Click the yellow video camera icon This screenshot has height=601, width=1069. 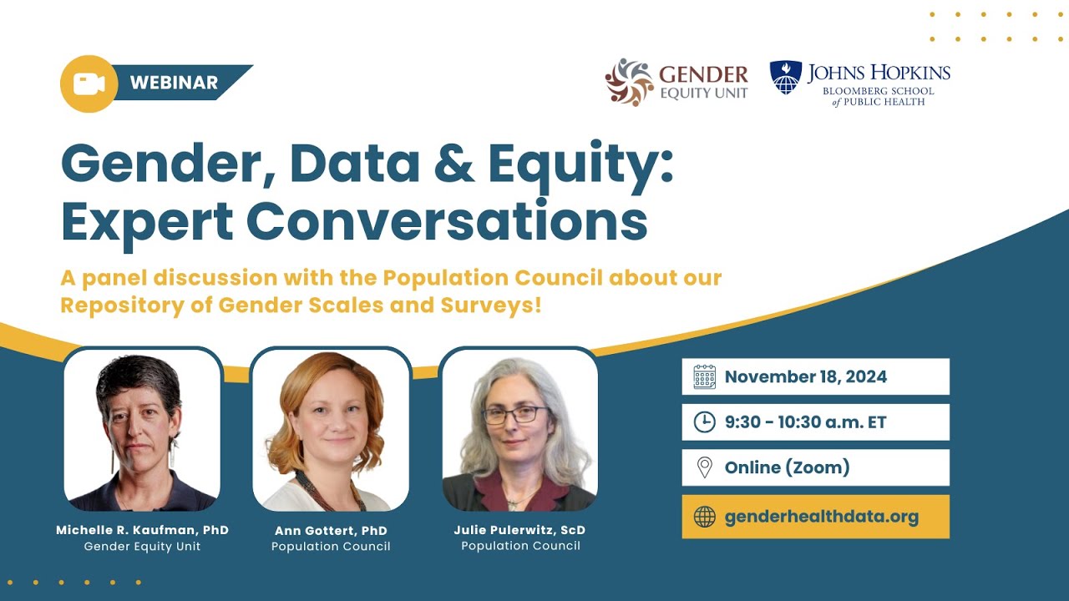(x=89, y=83)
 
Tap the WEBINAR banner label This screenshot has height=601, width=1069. (x=174, y=83)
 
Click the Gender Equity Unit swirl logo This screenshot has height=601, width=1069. (x=629, y=82)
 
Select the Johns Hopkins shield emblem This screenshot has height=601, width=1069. (x=785, y=78)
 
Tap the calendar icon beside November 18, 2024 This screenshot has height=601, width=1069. (x=704, y=376)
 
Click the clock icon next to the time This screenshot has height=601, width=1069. (x=704, y=422)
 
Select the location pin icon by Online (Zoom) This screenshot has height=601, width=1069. (x=704, y=467)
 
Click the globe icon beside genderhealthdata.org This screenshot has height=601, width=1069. (x=704, y=517)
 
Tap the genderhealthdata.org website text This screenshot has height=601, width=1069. (x=821, y=517)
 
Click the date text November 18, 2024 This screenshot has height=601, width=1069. (x=805, y=376)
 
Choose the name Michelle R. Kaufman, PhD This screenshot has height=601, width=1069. (x=142, y=530)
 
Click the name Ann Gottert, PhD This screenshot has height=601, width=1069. (x=331, y=531)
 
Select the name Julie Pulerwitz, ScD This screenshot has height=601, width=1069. (x=520, y=529)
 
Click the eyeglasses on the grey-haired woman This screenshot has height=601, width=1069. (x=514, y=414)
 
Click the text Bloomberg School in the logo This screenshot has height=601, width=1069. (x=879, y=91)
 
